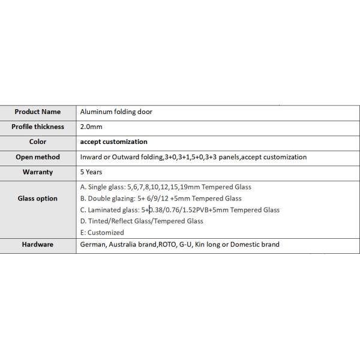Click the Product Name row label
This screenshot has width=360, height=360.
pos(38,112)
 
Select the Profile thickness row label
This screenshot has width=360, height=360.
pos(38,127)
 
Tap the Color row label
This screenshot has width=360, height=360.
pos(38,142)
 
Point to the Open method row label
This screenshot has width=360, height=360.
pos(38,157)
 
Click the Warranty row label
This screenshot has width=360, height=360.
pos(38,172)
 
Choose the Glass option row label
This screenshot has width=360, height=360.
pos(38,199)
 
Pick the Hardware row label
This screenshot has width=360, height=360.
pos(38,244)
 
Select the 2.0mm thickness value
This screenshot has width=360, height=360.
pos(91,127)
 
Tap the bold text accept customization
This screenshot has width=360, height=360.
pos(113,142)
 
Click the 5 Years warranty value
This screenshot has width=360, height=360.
pos(91,172)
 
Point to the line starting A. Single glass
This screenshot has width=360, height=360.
pos(166,187)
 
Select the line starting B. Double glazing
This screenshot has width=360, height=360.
pos(161,199)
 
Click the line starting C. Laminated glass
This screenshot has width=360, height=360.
pos(180,210)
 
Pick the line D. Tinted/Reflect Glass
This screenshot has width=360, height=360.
pos(142,221)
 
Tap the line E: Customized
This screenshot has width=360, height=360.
pos(102,233)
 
